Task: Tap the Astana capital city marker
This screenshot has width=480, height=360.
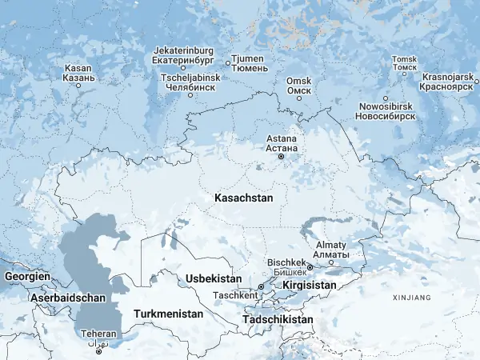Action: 281,157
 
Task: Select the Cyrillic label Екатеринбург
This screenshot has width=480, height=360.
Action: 185,59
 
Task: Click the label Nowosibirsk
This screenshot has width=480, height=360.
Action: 386,106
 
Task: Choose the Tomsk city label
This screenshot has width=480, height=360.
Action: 404,59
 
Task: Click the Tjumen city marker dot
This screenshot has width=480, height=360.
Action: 228,61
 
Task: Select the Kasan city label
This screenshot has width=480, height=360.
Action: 79,69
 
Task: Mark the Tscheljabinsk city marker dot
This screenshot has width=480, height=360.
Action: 190,95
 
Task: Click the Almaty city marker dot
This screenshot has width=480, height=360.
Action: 331,262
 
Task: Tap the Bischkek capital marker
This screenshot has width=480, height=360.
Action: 310,268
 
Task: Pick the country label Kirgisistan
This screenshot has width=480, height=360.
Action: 320,285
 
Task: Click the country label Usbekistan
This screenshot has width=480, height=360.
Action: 213,278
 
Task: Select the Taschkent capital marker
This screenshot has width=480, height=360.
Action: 261,286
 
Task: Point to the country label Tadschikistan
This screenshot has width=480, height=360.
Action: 278,319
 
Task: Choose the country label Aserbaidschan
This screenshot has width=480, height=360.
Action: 68,298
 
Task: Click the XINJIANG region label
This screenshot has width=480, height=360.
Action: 412,298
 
